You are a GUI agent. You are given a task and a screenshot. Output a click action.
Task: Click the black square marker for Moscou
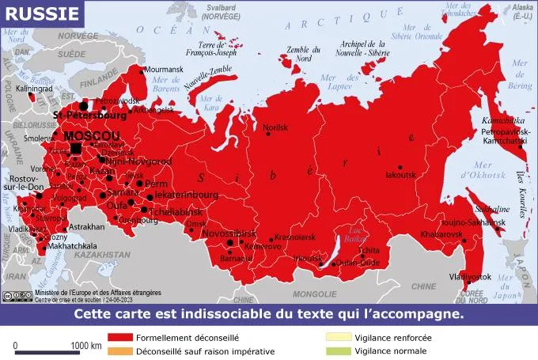[x=76, y=148]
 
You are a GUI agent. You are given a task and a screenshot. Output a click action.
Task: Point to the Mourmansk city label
[x=164, y=70]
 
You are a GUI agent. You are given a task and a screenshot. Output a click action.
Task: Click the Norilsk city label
[x=275, y=127]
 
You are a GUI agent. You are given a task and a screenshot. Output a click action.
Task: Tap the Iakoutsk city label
[x=400, y=175]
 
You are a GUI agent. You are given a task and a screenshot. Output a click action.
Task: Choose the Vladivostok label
[x=471, y=277]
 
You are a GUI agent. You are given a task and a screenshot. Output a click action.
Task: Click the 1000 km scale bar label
[x=85, y=346]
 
